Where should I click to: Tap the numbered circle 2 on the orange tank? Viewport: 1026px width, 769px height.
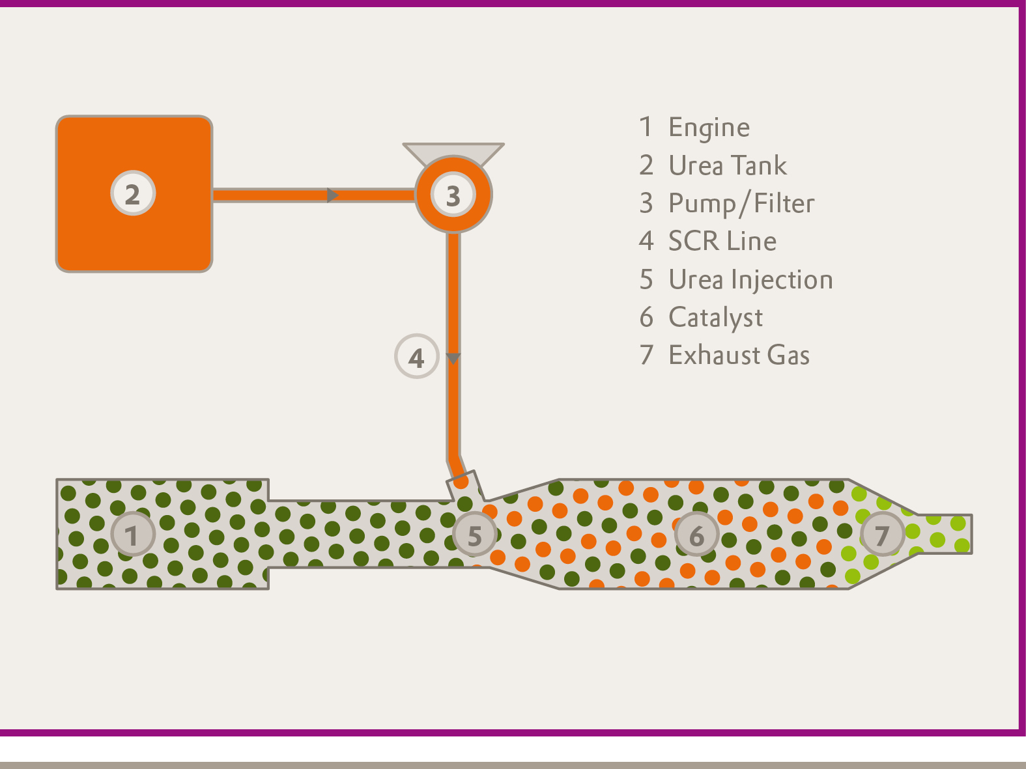133,193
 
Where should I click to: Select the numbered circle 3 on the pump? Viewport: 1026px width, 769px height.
453,195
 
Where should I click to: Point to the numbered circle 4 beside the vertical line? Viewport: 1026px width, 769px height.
417,357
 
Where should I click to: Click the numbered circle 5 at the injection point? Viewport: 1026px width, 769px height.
475,535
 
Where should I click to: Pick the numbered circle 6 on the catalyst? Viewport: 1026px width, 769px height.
696,535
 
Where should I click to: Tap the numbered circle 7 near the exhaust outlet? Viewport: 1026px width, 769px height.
882,535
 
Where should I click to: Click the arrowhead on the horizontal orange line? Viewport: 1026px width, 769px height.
332,195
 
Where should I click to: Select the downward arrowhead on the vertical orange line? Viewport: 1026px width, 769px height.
453,359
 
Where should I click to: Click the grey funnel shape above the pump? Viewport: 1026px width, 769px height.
453,151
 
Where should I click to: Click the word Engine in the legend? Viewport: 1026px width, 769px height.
709,128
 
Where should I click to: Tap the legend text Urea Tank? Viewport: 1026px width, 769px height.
728,165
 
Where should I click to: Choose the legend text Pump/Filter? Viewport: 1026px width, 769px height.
741,204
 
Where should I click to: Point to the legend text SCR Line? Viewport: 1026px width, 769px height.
722,242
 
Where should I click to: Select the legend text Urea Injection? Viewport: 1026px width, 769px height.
750,280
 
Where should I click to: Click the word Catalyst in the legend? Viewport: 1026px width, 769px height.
715,318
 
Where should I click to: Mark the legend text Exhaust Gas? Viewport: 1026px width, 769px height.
739,356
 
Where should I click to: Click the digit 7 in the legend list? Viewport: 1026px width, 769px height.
646,356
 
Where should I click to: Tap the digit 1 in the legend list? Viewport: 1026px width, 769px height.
646,128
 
